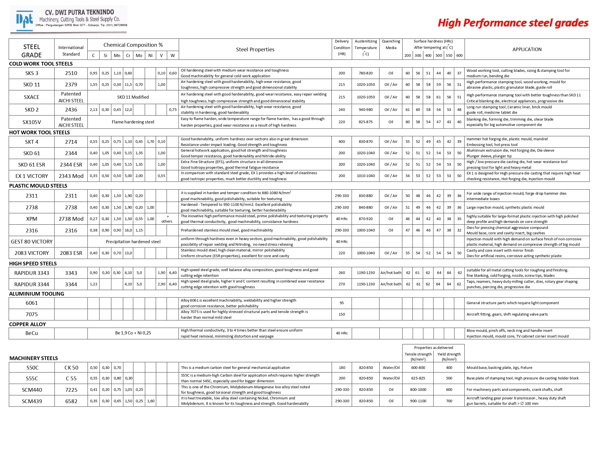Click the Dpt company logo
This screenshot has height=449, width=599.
(25, 20)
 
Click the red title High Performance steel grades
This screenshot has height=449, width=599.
(513, 23)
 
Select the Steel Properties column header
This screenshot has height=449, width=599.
(255, 49)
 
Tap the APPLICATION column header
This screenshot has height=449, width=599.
(527, 49)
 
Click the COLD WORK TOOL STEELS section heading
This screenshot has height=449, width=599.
(41, 64)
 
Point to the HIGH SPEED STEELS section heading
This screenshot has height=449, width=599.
(33, 263)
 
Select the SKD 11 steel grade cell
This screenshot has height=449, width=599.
(31, 85)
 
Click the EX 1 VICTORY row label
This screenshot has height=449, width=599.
(31, 176)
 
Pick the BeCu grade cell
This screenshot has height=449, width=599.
(31, 333)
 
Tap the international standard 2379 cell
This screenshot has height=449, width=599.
(71, 85)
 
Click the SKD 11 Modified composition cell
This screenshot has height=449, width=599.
(133, 97)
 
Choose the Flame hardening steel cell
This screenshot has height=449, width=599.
(133, 122)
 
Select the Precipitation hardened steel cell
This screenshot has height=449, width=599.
(133, 242)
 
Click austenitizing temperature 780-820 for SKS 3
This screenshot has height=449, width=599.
(366, 73)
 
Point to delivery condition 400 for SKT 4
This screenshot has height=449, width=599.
(342, 142)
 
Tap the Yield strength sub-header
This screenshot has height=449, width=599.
(449, 356)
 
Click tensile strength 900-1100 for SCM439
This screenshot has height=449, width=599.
(418, 401)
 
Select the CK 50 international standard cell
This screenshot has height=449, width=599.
(71, 368)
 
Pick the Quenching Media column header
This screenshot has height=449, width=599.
(391, 44)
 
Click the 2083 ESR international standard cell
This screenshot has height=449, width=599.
(71, 253)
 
